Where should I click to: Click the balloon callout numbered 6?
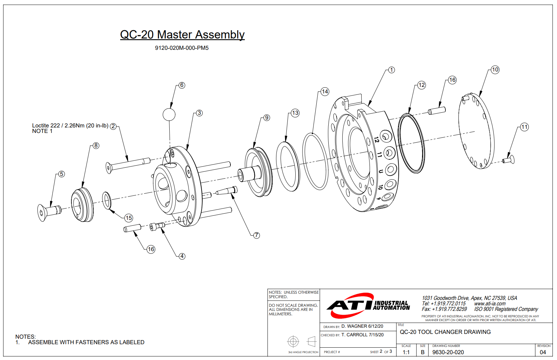(182, 85)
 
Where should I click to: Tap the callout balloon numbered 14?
(325, 92)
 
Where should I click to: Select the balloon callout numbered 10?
(495, 70)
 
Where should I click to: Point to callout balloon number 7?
(257, 235)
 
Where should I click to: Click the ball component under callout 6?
(169, 114)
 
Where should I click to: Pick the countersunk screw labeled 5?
(49, 212)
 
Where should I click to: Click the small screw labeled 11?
(508, 160)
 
